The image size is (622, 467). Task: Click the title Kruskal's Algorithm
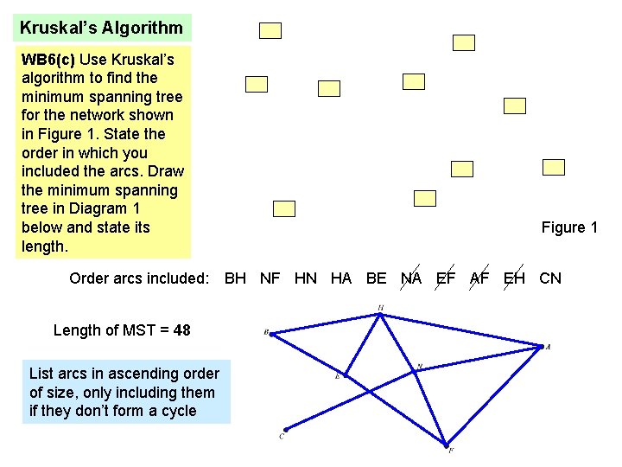pos(102,28)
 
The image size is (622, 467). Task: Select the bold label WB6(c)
pos(48,60)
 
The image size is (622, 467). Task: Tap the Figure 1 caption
pos(569,227)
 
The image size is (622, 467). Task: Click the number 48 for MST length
pos(181,329)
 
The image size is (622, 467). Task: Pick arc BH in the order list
pos(235,278)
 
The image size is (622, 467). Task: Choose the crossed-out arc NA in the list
pos(411,278)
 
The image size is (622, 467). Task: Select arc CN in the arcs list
pos(550,278)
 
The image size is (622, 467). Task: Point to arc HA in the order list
pos(341,278)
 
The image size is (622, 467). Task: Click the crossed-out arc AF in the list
pos(479,278)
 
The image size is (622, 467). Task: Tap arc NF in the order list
pos(270,278)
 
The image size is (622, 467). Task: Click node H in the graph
pos(381,314)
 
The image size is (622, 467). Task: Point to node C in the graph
pos(285,429)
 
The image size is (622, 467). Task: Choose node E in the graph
pos(346,374)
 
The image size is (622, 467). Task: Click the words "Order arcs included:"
pos(139,278)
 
